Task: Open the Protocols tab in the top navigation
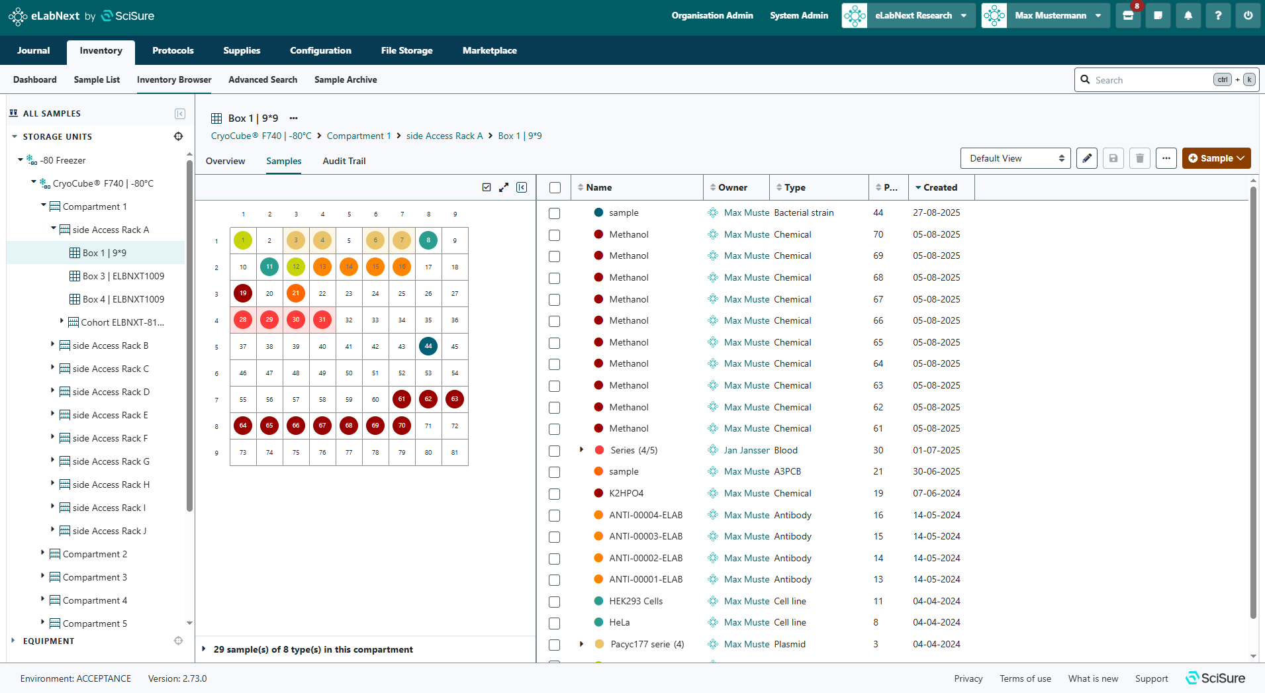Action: click(x=173, y=50)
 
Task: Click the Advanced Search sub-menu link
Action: click(x=263, y=79)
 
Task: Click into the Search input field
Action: click(x=1152, y=80)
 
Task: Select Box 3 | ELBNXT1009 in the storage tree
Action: click(x=123, y=276)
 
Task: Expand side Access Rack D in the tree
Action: click(x=53, y=391)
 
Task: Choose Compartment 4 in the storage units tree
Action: click(x=95, y=600)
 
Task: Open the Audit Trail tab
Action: click(x=344, y=161)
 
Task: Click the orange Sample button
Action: click(x=1216, y=158)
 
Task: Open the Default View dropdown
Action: click(x=1015, y=158)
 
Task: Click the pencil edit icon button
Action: click(x=1087, y=158)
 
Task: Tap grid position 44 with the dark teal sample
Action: click(x=428, y=346)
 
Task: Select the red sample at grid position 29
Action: click(x=269, y=320)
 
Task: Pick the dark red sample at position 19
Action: click(x=243, y=293)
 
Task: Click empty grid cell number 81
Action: click(x=455, y=453)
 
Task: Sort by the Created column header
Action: click(x=940, y=187)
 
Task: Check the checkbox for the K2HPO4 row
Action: click(x=555, y=494)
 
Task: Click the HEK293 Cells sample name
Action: click(x=635, y=601)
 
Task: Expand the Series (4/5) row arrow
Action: click(x=582, y=450)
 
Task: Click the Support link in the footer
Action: click(x=1151, y=678)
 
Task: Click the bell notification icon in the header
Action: click(x=1188, y=15)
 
